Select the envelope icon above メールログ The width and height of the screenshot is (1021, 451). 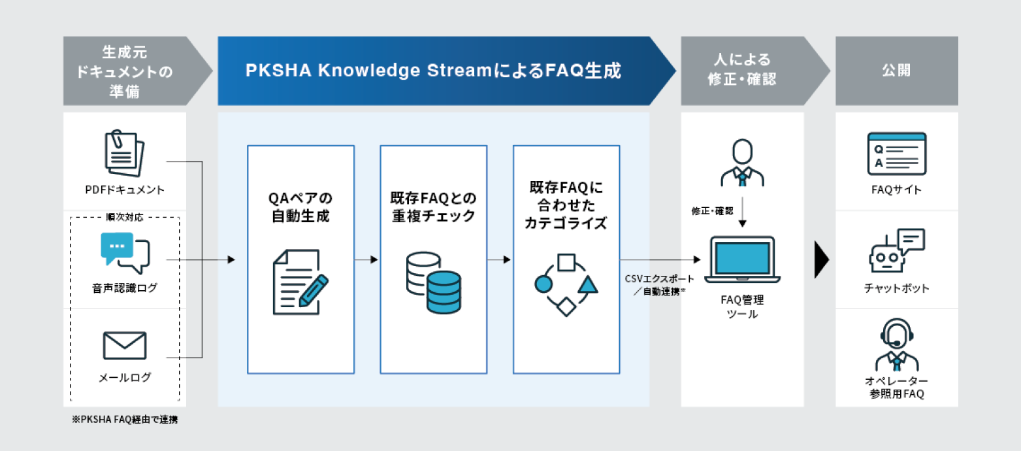pyautogui.click(x=125, y=346)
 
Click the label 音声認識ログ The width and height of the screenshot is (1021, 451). pyautogui.click(x=125, y=288)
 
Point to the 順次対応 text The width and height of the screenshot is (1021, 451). pyautogui.click(x=125, y=217)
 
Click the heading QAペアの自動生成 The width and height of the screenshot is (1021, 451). pyautogui.click(x=300, y=207)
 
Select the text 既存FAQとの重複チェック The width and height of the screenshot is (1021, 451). pyautogui.click(x=434, y=207)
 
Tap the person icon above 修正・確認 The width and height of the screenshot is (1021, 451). pyautogui.click(x=743, y=163)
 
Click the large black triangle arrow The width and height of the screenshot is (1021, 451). pyautogui.click(x=822, y=260)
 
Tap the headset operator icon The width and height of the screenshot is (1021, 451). pyautogui.click(x=896, y=346)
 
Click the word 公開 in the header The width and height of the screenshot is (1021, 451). pyautogui.click(x=896, y=71)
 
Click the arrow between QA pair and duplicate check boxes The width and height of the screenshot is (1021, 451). pyautogui.click(x=368, y=259)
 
